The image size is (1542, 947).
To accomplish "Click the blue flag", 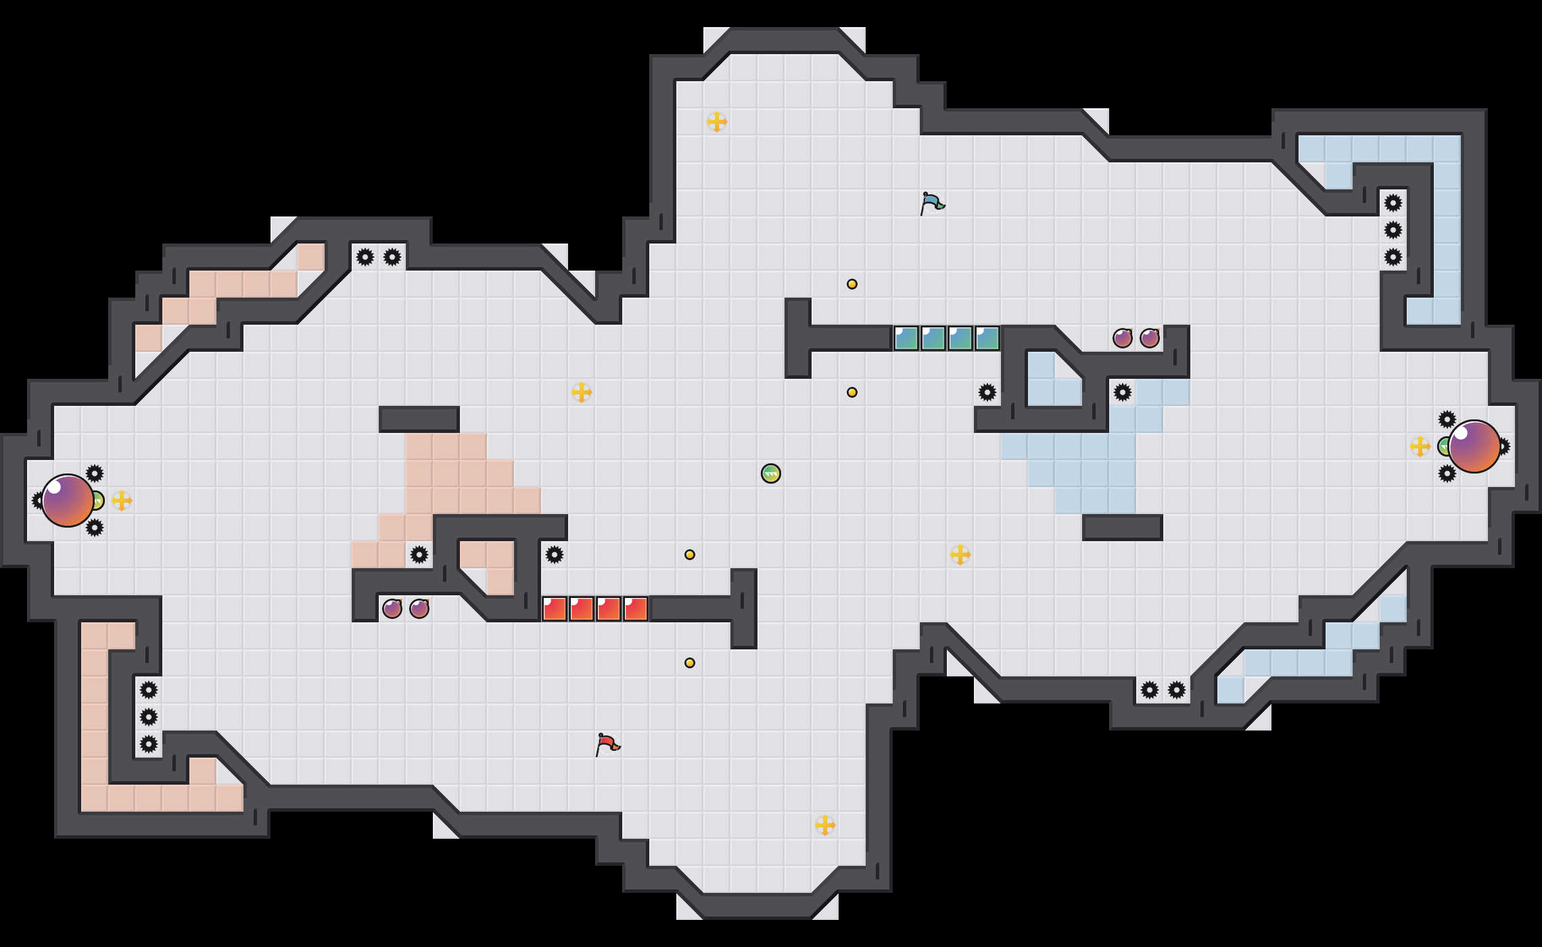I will coord(932,203).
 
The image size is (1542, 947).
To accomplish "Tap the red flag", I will coord(607,744).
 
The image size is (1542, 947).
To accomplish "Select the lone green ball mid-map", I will coord(771,473).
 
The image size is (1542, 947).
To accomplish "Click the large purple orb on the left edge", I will coord(68,501).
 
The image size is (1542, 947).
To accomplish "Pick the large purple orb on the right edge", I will coord(1474,446).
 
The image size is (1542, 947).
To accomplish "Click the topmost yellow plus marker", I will coord(717,122).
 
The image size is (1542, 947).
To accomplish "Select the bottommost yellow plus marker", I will coord(825,825).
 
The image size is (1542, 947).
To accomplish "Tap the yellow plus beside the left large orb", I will coord(122,501).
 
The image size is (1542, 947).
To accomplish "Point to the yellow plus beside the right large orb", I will coord(1420,446).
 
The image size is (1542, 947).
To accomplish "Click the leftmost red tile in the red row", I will coord(555,609).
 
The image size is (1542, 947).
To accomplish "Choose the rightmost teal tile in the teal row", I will coord(987,338).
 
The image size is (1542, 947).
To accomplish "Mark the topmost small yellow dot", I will coord(852,284).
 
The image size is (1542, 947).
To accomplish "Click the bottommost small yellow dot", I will coord(690,663).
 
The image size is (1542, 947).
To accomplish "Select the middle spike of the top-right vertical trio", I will coord(1393,230).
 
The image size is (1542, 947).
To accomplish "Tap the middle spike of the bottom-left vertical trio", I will coord(149,717).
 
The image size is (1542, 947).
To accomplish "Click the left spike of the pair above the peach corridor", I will coord(365,257).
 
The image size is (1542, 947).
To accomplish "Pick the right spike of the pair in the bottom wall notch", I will coord(1177,690).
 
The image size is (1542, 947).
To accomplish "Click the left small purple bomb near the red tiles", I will coord(392,609).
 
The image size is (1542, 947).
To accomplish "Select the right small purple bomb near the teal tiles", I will coord(1150,338).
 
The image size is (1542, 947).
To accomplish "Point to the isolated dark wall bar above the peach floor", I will coord(419,419).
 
